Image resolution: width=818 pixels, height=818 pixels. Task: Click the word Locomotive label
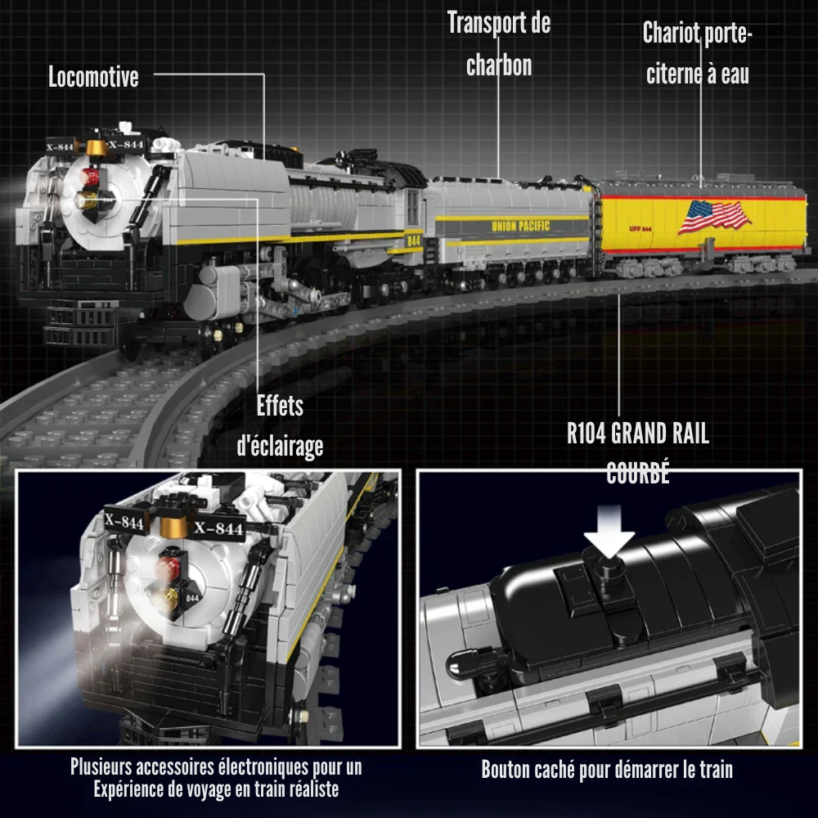pyautogui.click(x=93, y=78)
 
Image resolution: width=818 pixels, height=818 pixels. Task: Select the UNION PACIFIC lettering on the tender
pyautogui.click(x=520, y=226)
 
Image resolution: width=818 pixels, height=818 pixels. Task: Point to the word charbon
pyautogui.click(x=499, y=65)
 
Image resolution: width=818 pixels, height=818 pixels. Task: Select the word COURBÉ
pyautogui.click(x=638, y=474)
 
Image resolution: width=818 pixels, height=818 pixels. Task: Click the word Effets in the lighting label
pyautogui.click(x=280, y=406)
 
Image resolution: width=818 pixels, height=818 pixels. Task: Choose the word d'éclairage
pyautogui.click(x=280, y=446)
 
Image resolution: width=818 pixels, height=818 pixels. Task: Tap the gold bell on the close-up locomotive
pyautogui.click(x=171, y=524)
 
